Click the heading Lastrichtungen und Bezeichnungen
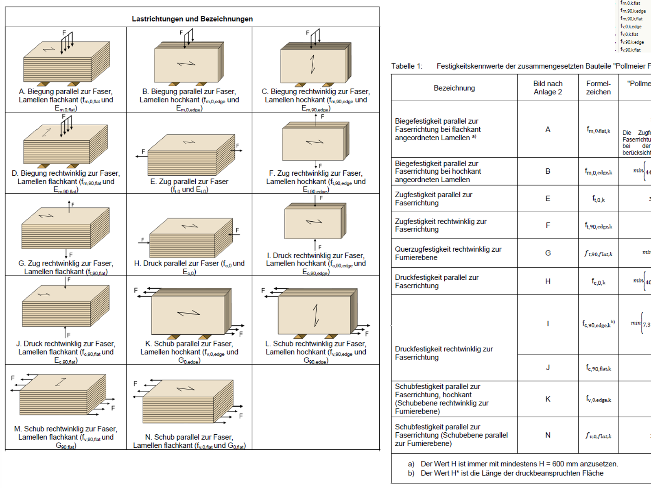[x=192, y=19]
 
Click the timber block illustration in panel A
[x=67, y=63]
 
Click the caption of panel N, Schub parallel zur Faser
[x=189, y=441]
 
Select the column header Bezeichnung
[x=454, y=88]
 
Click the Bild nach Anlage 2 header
[x=548, y=87]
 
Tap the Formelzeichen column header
[x=598, y=87]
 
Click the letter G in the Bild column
[x=548, y=253]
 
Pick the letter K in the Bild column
[x=548, y=399]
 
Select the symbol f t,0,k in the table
[x=598, y=199]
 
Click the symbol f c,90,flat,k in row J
[x=598, y=368]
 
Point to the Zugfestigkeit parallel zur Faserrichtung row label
[x=433, y=198]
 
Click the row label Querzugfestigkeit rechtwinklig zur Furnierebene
[x=448, y=253]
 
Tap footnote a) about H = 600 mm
[x=513, y=464]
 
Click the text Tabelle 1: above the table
[x=407, y=66]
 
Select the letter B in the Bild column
[x=548, y=171]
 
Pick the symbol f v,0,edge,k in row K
[x=598, y=399]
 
